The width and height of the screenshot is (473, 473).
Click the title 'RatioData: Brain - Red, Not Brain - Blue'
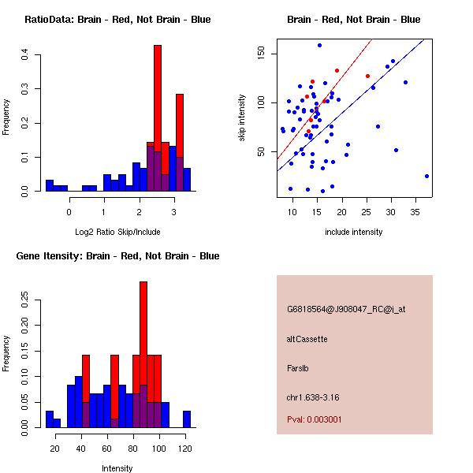point(117,20)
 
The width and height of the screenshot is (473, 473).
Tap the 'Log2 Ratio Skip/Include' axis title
point(117,232)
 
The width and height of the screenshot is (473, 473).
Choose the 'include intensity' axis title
point(354,232)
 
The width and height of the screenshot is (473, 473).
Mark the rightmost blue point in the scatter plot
point(426,177)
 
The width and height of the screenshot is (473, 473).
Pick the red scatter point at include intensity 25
point(367,76)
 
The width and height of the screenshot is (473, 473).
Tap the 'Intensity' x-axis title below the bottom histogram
point(117,468)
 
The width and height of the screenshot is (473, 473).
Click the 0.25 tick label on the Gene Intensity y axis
point(25,300)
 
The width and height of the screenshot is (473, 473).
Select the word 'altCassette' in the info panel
point(307,339)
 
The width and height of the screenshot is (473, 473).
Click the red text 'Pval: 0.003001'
point(315,419)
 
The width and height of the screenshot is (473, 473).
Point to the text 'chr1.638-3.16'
point(311,397)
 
